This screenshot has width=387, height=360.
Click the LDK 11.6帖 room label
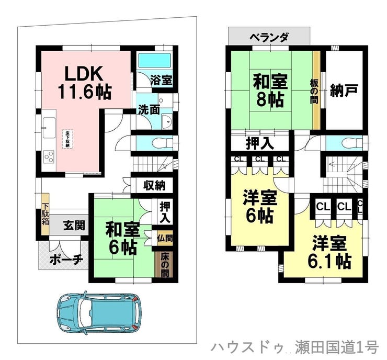(84, 82)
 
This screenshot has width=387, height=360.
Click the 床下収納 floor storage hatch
(68, 138)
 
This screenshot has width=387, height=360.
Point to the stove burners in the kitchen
(49, 155)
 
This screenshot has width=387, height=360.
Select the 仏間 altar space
(165, 238)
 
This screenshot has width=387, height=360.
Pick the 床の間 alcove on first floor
(164, 265)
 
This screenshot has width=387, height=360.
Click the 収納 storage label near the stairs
(155, 185)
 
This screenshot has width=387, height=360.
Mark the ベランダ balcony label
(269, 37)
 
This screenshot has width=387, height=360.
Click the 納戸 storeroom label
(344, 90)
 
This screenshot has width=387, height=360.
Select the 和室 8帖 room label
(270, 90)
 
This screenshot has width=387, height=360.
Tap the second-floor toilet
(348, 142)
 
